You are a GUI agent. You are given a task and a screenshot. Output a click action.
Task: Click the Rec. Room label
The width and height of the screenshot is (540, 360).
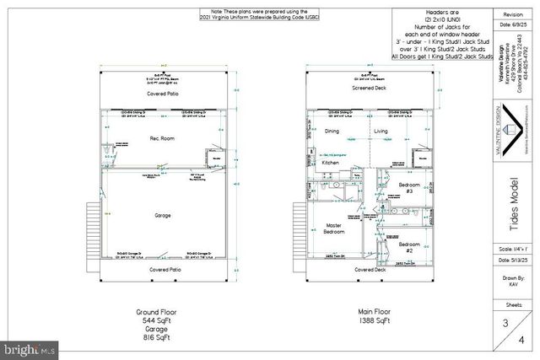point(162,137)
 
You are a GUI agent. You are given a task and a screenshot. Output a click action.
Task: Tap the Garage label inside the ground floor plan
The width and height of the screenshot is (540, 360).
point(163,216)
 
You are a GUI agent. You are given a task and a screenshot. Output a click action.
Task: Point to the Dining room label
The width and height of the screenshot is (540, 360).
point(332,132)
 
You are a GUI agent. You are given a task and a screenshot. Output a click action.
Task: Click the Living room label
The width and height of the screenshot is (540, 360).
point(381,132)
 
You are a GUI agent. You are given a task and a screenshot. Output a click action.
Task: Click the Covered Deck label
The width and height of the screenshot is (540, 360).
point(370,270)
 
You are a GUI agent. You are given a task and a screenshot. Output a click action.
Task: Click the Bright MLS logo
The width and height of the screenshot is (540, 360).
point(30,347)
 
